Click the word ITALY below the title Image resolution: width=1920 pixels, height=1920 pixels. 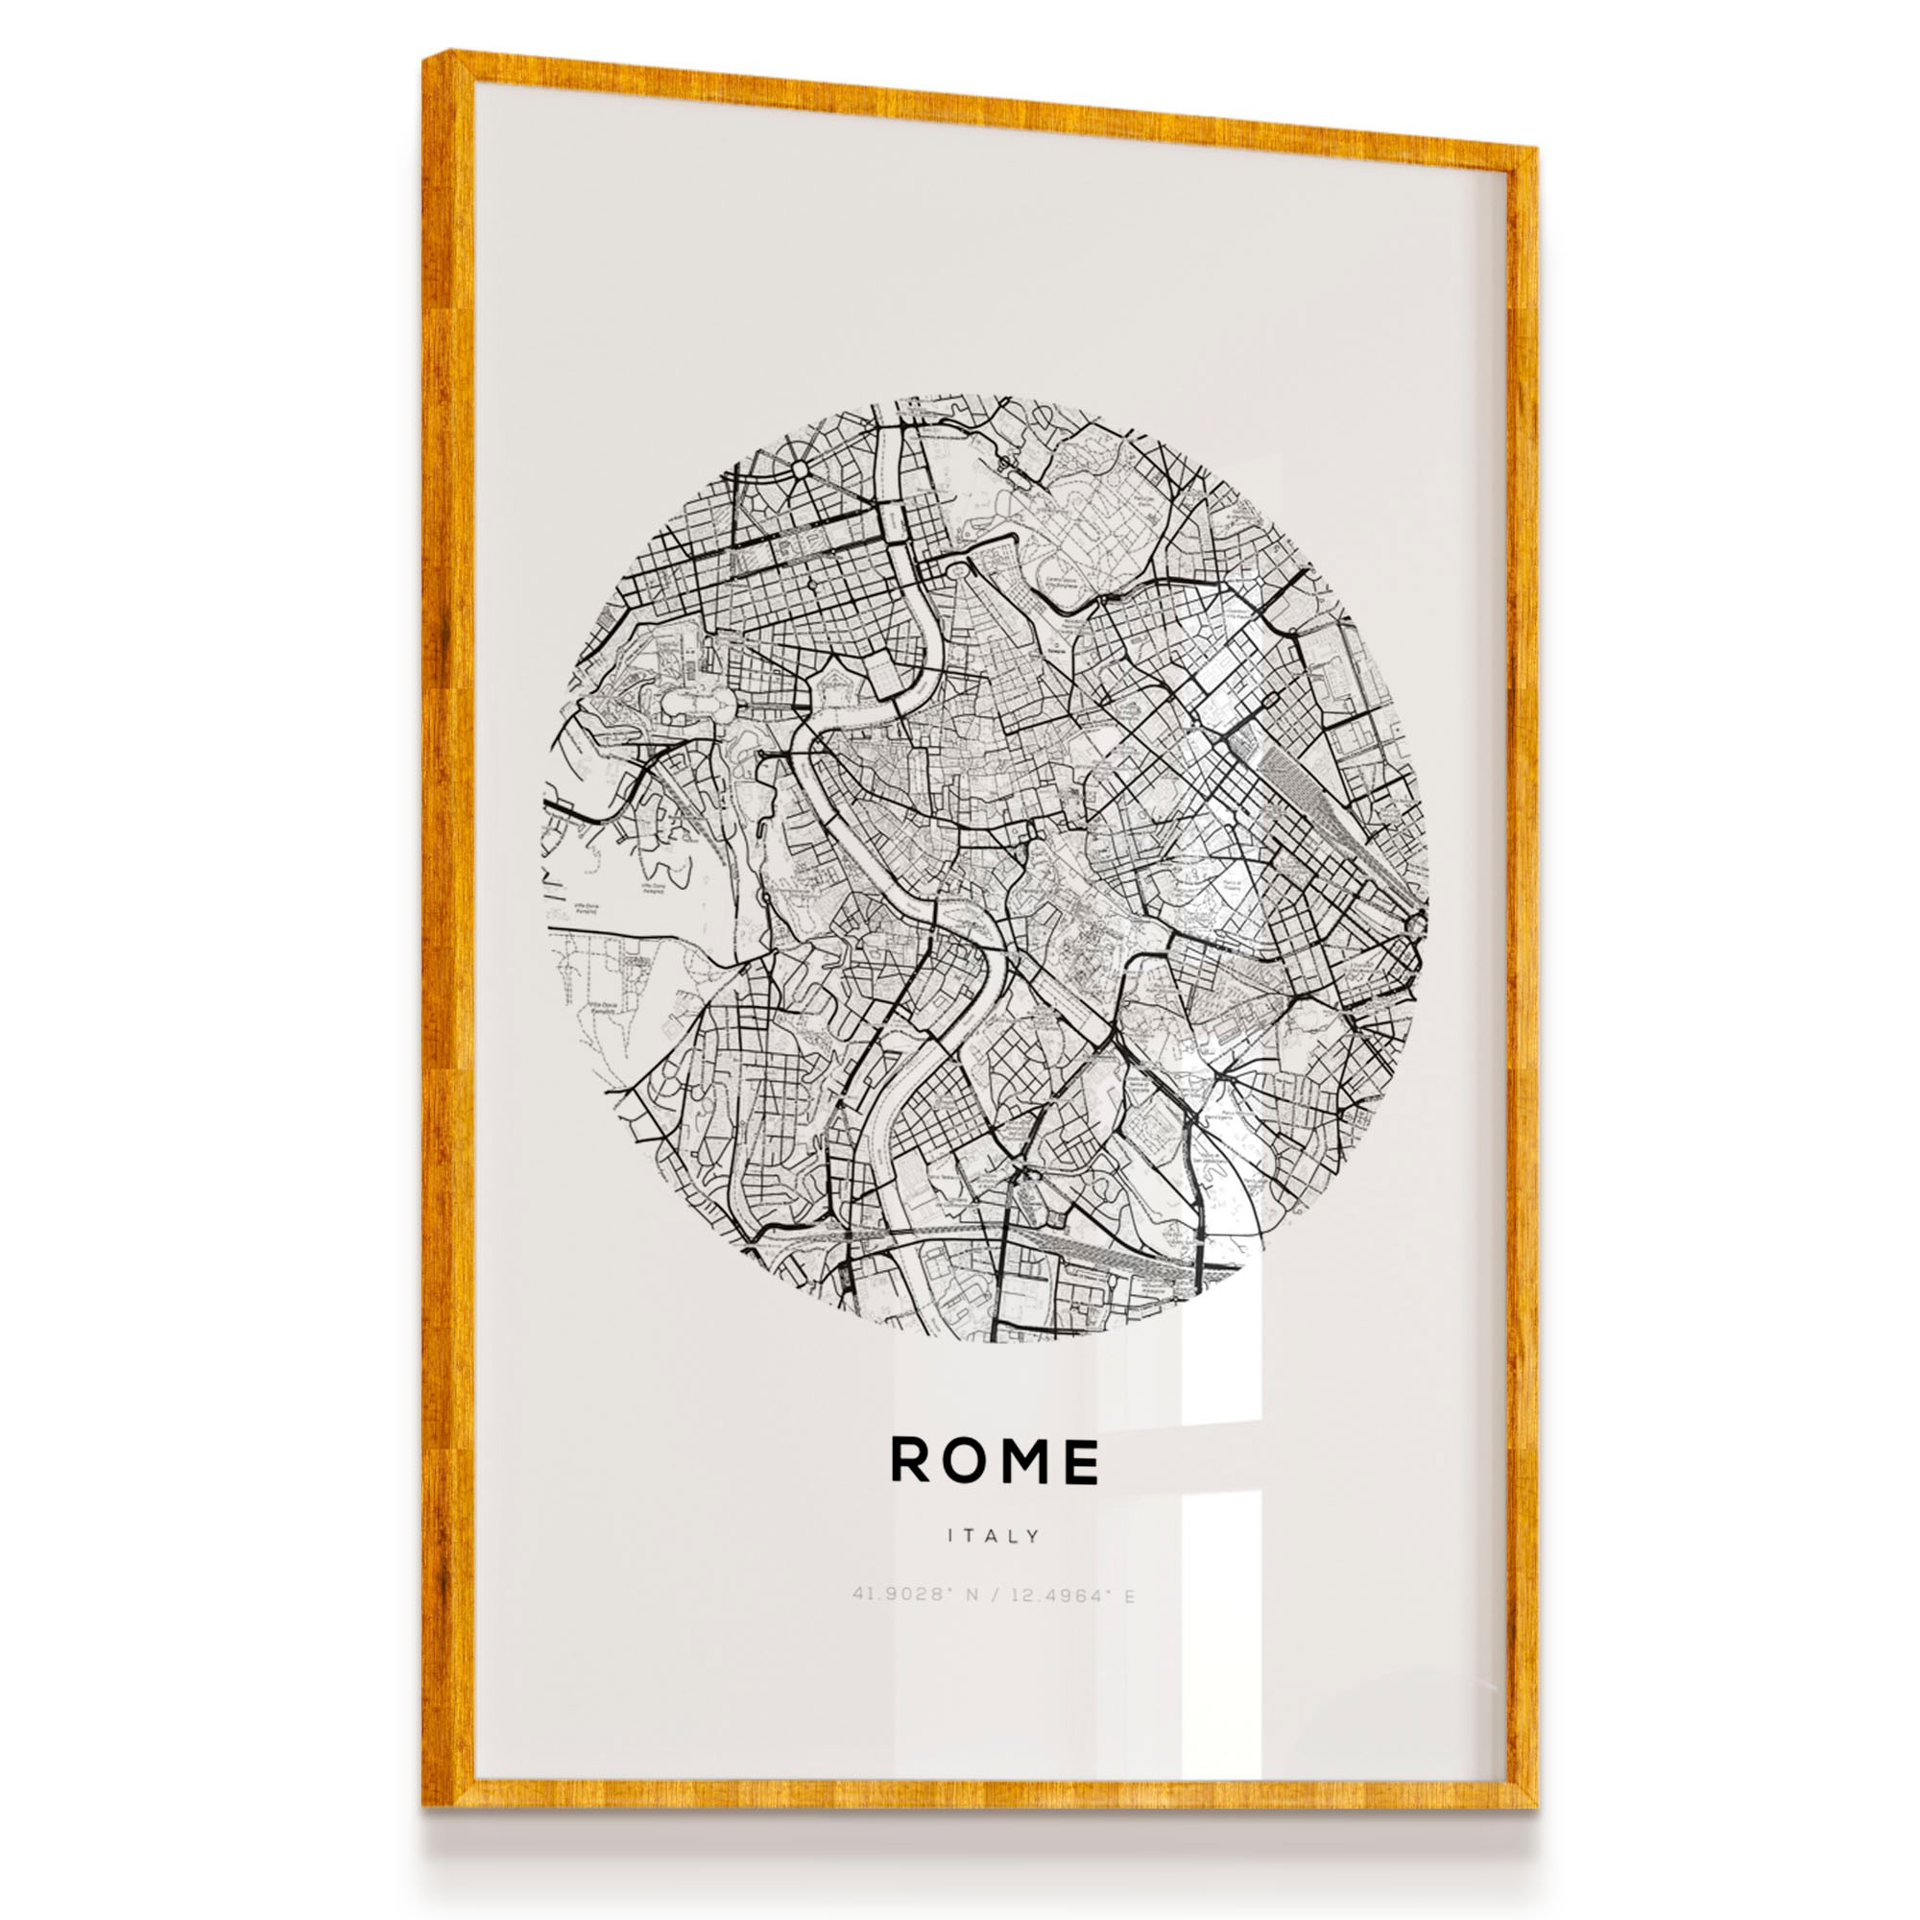[x=994, y=1536]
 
